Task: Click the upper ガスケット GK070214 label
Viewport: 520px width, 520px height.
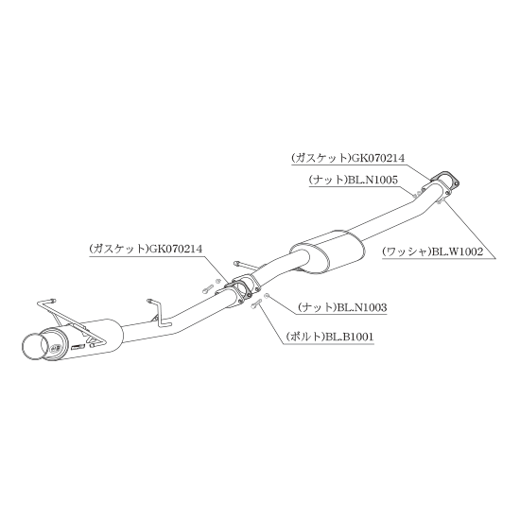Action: (x=348, y=158)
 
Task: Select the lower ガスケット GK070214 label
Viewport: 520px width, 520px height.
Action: (x=146, y=249)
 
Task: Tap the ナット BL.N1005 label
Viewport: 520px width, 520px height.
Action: (x=354, y=180)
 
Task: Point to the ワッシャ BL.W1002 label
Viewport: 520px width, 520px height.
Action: (x=433, y=252)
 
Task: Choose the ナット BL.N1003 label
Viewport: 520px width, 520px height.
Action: (x=342, y=307)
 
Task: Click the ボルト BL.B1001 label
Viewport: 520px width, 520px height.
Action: (x=330, y=337)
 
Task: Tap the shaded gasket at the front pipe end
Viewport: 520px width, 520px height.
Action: (x=445, y=179)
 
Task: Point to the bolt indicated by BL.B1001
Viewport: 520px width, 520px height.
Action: (x=256, y=303)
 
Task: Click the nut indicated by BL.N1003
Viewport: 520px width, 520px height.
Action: (x=268, y=295)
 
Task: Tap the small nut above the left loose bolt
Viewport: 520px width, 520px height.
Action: (x=217, y=281)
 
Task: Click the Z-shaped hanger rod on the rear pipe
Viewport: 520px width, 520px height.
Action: (x=159, y=312)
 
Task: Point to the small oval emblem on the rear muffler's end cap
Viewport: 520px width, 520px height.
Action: (x=56, y=348)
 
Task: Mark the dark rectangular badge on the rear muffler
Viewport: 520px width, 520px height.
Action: (x=78, y=346)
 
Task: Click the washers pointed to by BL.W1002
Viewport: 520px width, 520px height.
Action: (x=440, y=201)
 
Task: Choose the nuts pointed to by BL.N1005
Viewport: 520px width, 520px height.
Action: (x=417, y=193)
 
